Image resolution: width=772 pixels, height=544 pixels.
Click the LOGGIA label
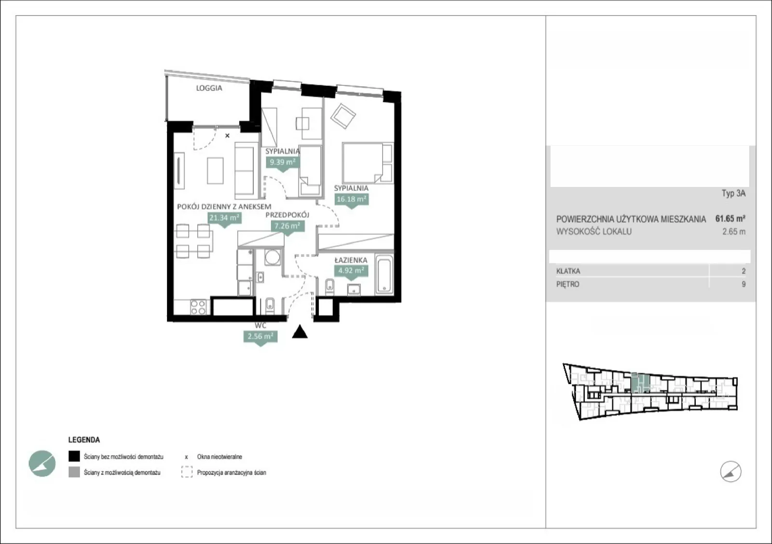click(x=209, y=88)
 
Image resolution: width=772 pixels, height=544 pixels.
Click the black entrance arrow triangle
click(x=300, y=332)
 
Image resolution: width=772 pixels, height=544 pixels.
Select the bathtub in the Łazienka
click(x=384, y=274)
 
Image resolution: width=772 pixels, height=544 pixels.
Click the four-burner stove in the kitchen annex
click(x=198, y=307)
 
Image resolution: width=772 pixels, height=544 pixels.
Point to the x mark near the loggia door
click(x=227, y=135)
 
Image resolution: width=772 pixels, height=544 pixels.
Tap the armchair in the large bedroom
click(x=343, y=116)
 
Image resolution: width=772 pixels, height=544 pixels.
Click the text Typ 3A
click(x=733, y=193)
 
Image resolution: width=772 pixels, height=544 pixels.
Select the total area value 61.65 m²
click(x=731, y=218)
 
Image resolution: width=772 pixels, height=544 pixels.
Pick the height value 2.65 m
click(x=734, y=232)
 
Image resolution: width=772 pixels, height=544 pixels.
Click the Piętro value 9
click(x=744, y=284)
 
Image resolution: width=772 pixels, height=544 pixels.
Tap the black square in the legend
click(x=74, y=456)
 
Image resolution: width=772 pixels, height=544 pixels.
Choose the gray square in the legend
click(x=74, y=472)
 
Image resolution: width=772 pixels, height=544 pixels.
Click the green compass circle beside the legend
click(x=42, y=464)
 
